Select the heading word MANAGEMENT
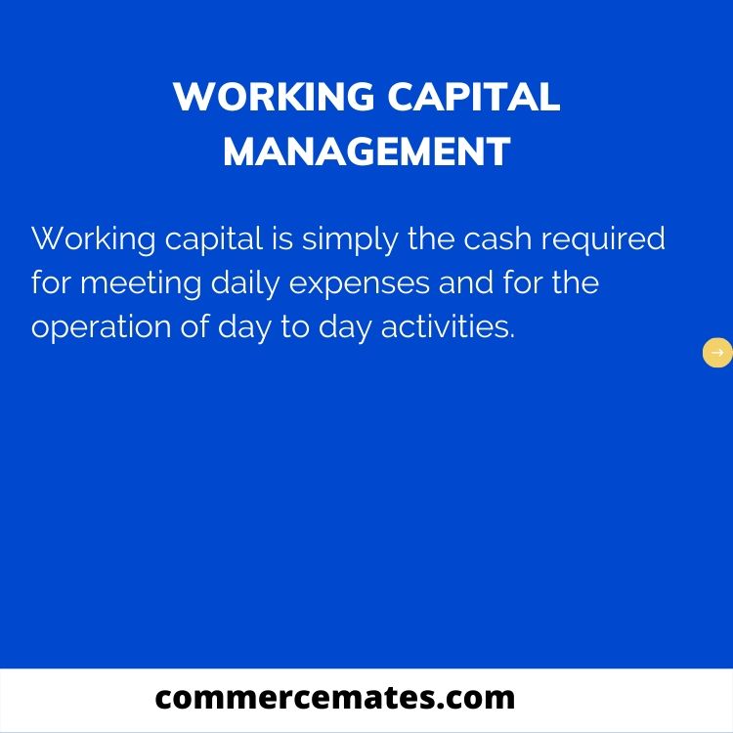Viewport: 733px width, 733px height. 366,151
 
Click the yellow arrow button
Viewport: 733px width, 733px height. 717,353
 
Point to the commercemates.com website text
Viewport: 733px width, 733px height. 335,697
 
